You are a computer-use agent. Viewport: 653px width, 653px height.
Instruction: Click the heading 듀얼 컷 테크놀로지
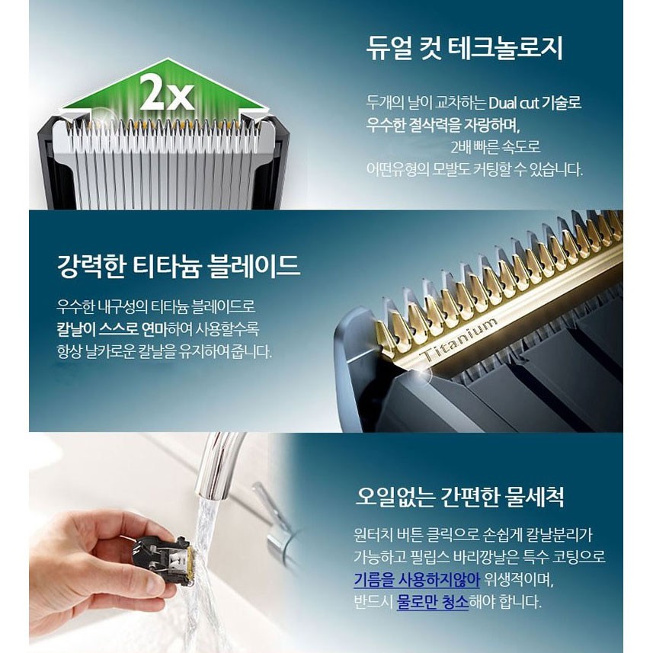(465, 49)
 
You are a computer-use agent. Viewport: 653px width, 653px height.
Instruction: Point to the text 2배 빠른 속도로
(495, 147)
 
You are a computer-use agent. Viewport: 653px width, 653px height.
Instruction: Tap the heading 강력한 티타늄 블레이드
(178, 265)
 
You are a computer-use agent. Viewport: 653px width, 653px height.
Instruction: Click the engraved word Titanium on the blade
(459, 341)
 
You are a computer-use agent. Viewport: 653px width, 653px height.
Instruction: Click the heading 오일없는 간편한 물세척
(460, 496)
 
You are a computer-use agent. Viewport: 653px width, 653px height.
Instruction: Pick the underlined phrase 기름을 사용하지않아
(417, 580)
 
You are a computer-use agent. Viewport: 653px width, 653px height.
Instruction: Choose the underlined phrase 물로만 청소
(433, 602)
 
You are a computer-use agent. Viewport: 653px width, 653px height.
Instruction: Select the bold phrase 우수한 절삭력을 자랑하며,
(443, 125)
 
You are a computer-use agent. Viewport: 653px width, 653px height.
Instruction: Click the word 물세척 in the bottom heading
(535, 496)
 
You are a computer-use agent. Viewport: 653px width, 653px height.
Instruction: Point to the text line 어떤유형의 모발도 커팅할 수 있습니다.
(475, 170)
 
